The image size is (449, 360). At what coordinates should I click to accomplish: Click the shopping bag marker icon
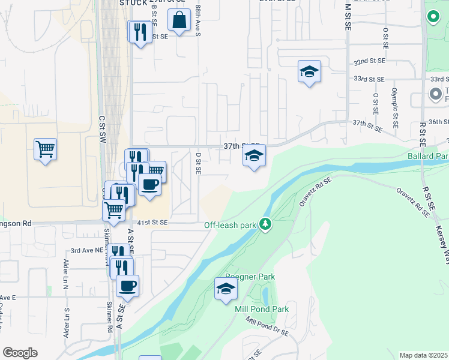click(179, 21)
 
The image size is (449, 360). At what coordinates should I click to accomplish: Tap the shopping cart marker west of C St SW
click(45, 148)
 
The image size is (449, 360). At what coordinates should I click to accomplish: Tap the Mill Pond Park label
click(262, 309)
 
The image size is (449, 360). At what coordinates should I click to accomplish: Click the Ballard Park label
click(428, 156)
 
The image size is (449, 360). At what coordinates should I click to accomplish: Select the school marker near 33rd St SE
click(310, 72)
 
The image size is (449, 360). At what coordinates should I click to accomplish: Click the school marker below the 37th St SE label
click(254, 157)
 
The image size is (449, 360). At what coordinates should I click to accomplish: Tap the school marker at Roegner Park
click(226, 289)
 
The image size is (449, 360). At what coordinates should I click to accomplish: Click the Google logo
click(20, 353)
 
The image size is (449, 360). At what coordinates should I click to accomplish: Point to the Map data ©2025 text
click(424, 355)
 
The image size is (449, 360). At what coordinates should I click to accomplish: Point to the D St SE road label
click(197, 163)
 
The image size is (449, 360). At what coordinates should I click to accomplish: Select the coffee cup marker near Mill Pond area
click(127, 286)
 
